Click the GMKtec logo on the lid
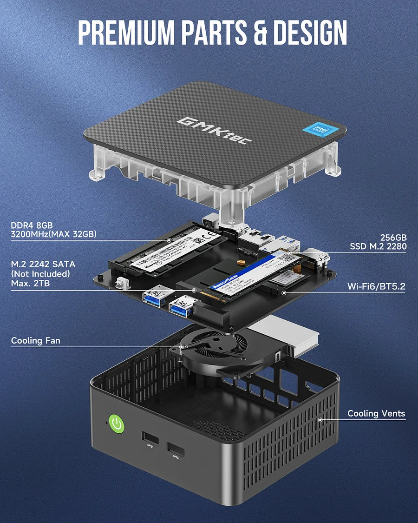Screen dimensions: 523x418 (x=215, y=130)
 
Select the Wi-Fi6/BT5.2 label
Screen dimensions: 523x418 (x=376, y=286)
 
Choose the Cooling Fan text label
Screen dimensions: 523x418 (x=35, y=341)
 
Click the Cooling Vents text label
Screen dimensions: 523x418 (x=376, y=413)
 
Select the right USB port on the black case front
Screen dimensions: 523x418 (x=176, y=450)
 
